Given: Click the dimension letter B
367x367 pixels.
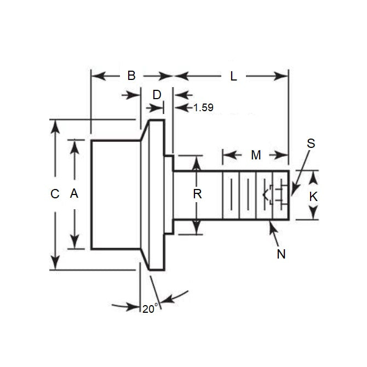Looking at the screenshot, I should pyautogui.click(x=131, y=76).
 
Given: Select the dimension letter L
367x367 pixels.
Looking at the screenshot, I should pyautogui.click(x=233, y=77).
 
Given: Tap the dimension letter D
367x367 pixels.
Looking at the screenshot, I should pyautogui.click(x=157, y=95).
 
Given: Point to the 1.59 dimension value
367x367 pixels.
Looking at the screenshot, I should pyautogui.click(x=203, y=108).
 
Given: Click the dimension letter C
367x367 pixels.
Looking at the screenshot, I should pyautogui.click(x=54, y=194).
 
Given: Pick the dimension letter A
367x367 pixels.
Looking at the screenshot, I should pyautogui.click(x=75, y=193).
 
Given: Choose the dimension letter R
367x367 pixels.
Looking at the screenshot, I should pyautogui.click(x=198, y=193).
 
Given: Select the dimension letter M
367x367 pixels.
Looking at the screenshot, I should pyautogui.click(x=256, y=156).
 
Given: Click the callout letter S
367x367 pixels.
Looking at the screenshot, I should pyautogui.click(x=311, y=144).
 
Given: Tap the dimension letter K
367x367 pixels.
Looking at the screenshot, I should pyautogui.click(x=313, y=197).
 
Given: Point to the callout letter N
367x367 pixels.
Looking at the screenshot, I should pyautogui.click(x=282, y=254).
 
